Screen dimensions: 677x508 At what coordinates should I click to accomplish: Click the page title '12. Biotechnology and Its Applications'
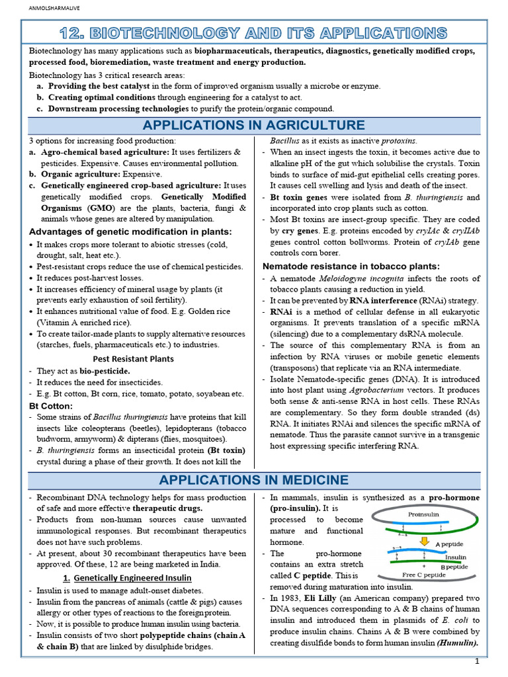pos(254,32)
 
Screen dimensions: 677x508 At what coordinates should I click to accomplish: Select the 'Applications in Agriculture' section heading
pos(254,125)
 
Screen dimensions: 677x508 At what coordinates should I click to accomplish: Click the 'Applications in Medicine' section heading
pos(254,479)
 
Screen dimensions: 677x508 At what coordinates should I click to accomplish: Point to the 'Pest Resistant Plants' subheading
pos(133,358)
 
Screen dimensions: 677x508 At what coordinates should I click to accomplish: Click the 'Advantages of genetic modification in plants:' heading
pos(130,231)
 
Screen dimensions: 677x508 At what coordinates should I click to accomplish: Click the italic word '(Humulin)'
pos(455,642)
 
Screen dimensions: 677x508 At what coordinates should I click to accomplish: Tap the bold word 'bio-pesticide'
pos(103,371)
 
